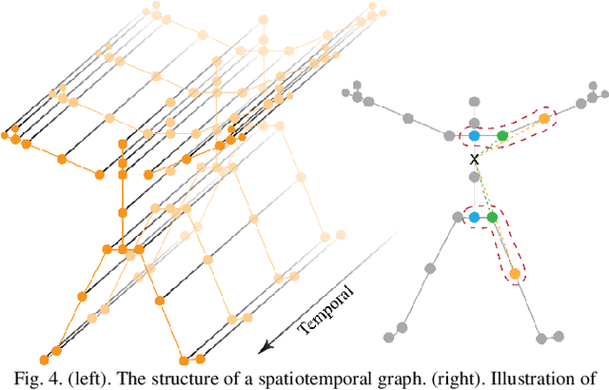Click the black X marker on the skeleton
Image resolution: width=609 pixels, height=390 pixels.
[x=473, y=160]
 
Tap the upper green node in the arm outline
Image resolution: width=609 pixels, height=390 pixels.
[x=502, y=136]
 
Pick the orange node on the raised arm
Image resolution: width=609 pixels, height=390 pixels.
[x=544, y=119]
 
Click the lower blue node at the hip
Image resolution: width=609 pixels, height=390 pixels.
[x=474, y=218]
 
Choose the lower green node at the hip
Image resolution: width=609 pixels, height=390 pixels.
[x=493, y=218]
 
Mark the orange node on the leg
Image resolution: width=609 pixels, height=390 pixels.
[x=515, y=275]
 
